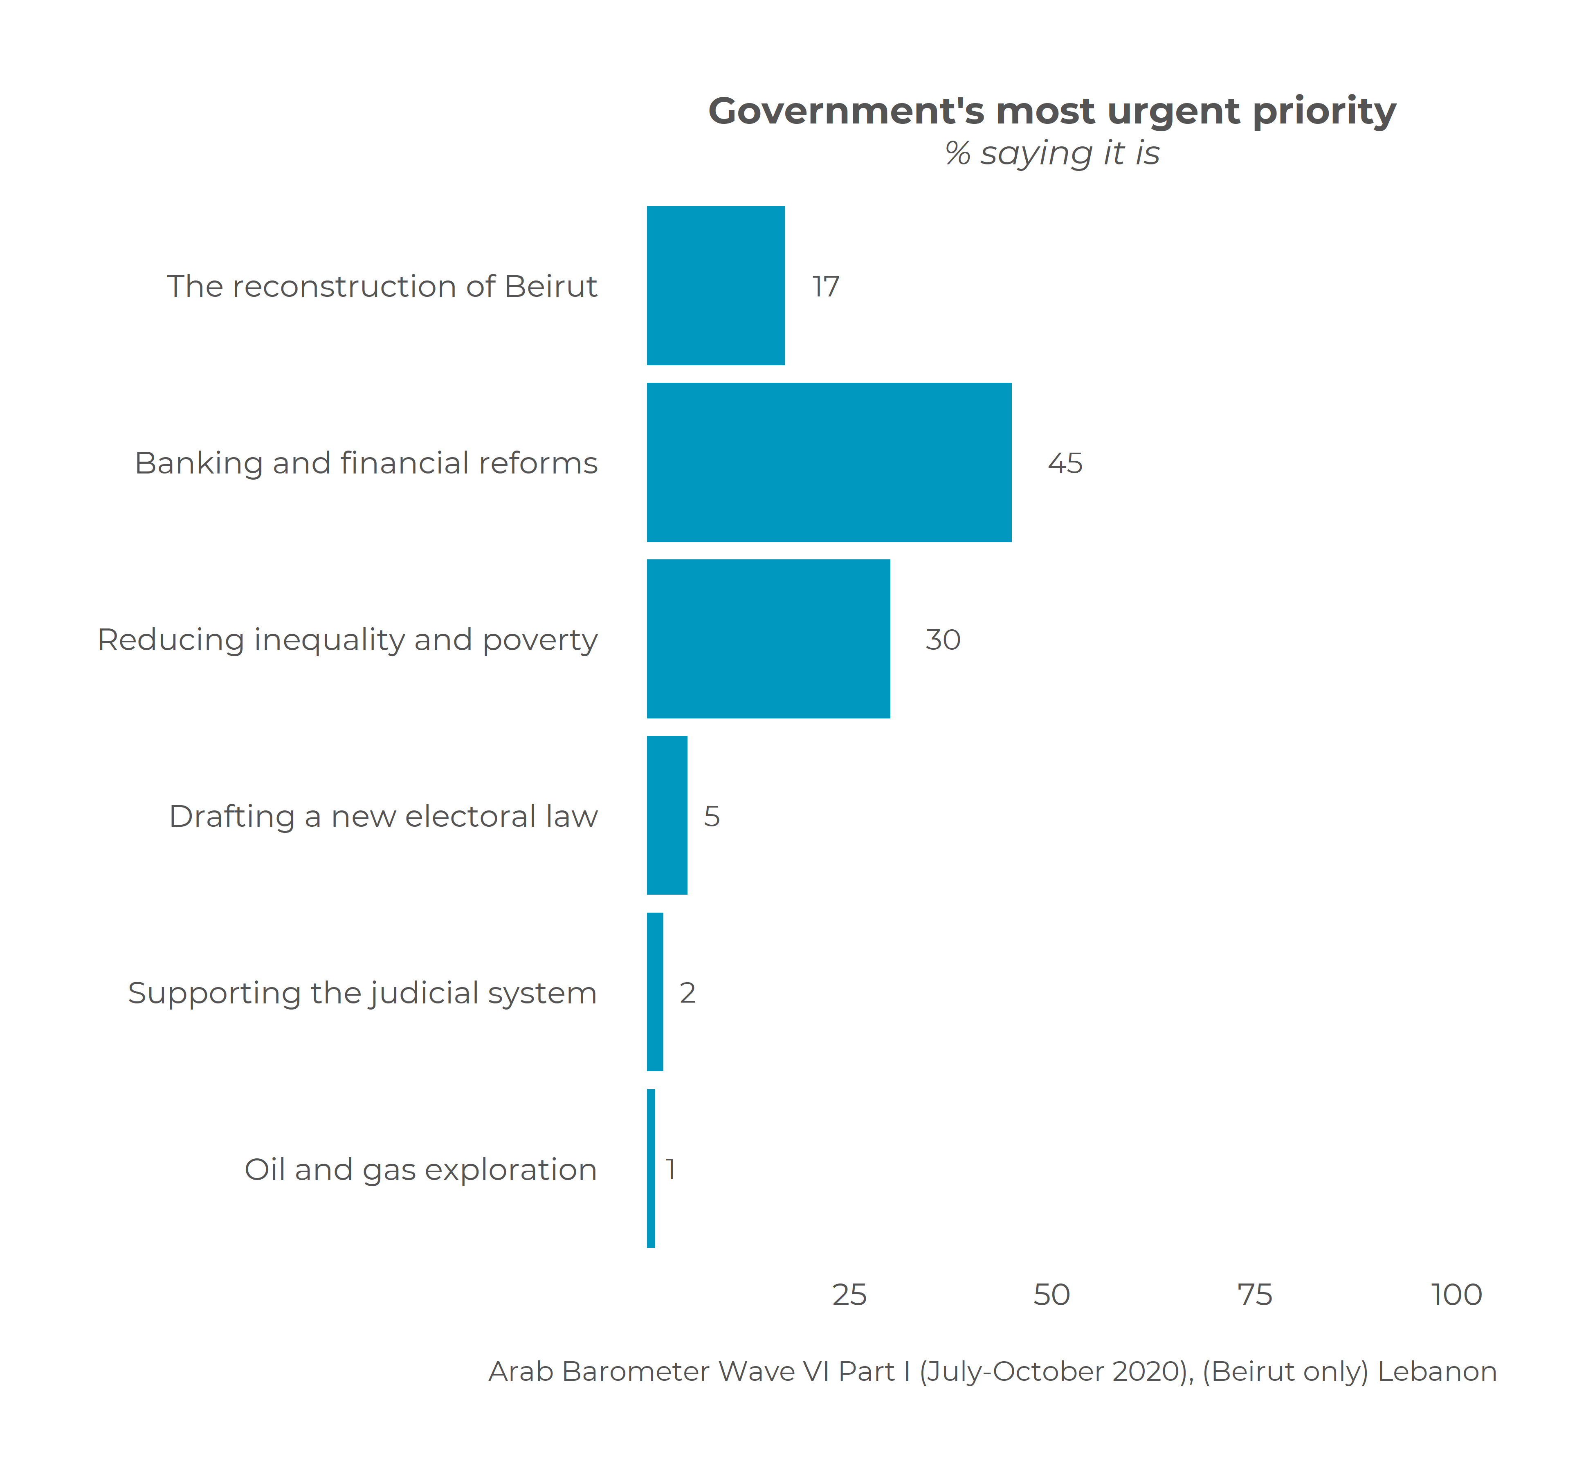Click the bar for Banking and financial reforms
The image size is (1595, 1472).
829,462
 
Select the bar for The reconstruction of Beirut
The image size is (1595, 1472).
715,285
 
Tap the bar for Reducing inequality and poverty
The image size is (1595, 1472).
768,639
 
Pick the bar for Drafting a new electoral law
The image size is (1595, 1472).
667,815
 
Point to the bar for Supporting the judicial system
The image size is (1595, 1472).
655,992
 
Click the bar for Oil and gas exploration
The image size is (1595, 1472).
651,1168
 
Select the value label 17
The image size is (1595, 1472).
825,286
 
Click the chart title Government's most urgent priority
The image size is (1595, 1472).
1051,111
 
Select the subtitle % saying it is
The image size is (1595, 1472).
1051,153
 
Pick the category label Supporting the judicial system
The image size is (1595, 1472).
362,992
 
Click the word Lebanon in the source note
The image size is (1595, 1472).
1437,1371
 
